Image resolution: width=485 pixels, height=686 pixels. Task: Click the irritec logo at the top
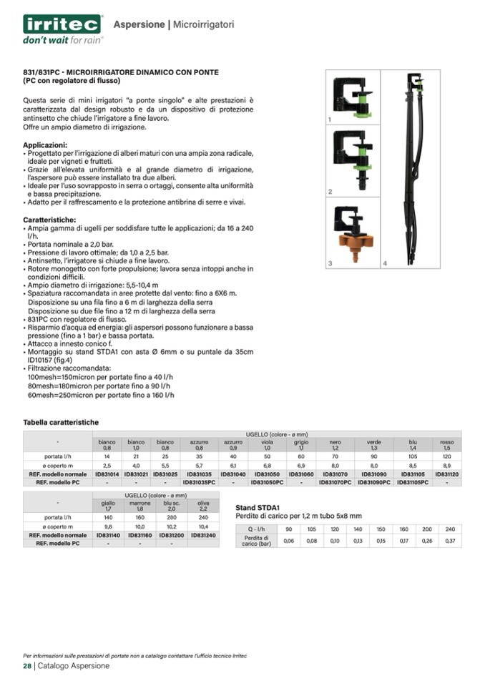pyautogui.click(x=62, y=24)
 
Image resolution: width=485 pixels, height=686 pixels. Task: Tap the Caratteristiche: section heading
pyautogui.click(x=49, y=220)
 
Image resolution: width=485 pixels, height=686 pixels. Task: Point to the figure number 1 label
pyautogui.click(x=330, y=119)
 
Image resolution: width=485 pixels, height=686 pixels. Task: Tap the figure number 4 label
pyautogui.click(x=385, y=264)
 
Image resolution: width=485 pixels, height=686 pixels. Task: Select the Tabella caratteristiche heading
pyautogui.click(x=61, y=423)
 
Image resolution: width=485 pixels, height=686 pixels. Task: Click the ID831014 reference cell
pyautogui.click(x=107, y=474)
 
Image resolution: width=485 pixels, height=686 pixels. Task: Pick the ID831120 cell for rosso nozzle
pyautogui.click(x=447, y=474)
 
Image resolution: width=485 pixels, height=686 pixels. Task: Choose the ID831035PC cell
pyautogui.click(x=200, y=483)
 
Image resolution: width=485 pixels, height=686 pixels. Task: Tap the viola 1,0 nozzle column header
pyautogui.click(x=267, y=445)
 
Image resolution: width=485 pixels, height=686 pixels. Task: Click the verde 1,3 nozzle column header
pyautogui.click(x=373, y=445)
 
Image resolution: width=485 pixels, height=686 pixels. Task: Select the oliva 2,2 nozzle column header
pyautogui.click(x=203, y=506)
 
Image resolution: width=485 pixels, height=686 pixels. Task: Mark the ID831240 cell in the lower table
pyautogui.click(x=203, y=535)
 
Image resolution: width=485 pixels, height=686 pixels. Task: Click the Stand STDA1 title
pyautogui.click(x=258, y=507)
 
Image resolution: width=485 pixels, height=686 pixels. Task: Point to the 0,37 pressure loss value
pyautogui.click(x=449, y=541)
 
